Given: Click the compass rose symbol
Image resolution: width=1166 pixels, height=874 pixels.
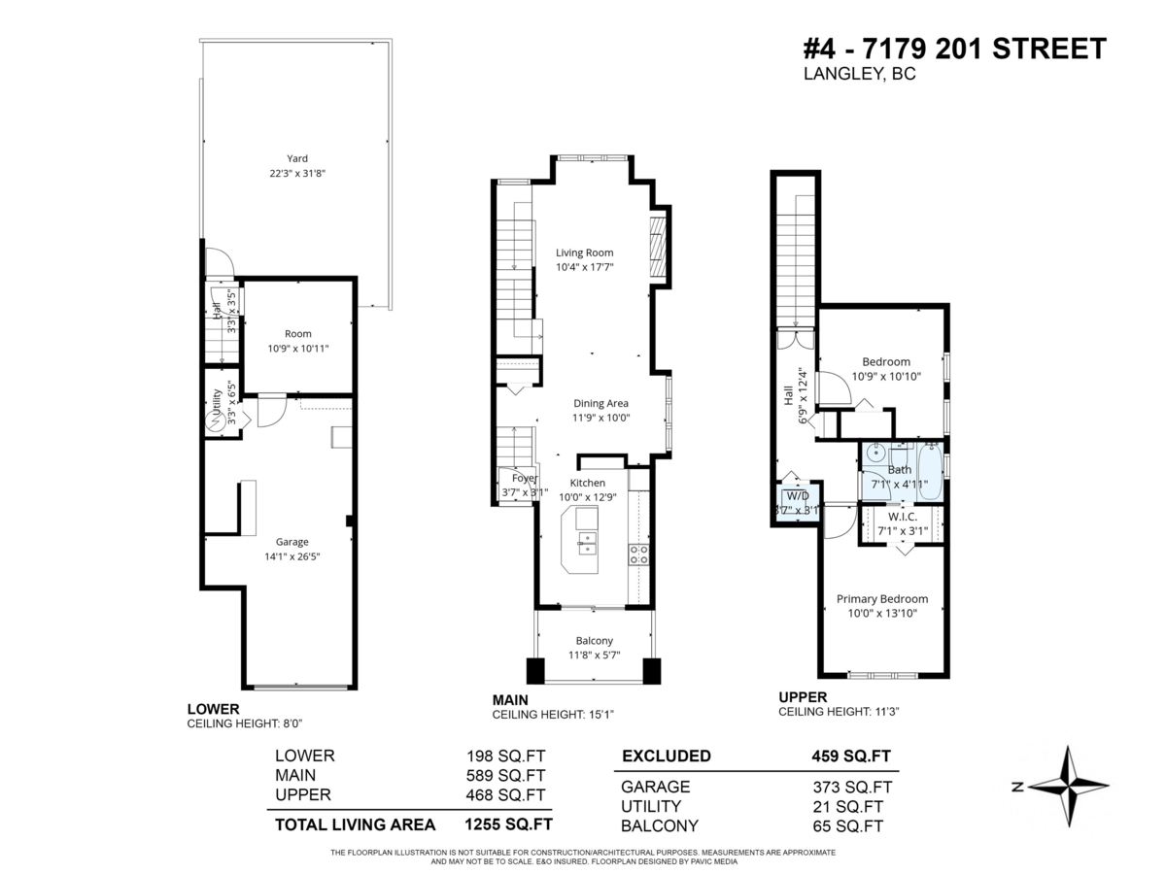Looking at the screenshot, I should coord(1067,786).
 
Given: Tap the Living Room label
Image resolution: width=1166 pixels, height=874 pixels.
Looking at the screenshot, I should coord(584,253).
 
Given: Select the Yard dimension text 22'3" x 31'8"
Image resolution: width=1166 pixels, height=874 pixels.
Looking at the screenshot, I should coord(296,174).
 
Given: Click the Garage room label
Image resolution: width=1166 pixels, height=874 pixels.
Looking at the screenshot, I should coord(291,543).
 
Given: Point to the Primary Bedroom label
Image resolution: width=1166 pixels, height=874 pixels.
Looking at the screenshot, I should coord(881,599).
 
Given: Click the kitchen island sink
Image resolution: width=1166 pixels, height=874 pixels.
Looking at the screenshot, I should coord(587,542).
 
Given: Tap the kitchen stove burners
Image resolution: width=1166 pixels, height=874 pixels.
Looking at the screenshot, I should coord(640,555).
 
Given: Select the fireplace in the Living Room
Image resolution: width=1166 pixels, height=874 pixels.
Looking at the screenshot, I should coord(658,249).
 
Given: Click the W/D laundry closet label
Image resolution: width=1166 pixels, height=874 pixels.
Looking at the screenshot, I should coord(797,496).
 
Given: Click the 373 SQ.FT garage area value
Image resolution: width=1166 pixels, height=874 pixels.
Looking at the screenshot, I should coord(847,788).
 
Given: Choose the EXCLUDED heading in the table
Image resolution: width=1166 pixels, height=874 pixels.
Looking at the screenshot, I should coord(666,756).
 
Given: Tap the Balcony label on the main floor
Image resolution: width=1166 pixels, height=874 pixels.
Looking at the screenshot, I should coord(594,641).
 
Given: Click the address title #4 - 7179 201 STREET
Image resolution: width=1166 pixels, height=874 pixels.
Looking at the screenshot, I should coord(954,49).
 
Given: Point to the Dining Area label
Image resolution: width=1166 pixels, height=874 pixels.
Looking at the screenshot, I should coord(600,404).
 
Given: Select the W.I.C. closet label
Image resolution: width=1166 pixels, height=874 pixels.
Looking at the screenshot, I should coord(903,518).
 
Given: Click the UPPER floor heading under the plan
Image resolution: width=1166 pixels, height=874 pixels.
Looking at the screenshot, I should coord(803,697).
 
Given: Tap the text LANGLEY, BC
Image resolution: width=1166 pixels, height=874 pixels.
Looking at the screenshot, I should coord(859,75).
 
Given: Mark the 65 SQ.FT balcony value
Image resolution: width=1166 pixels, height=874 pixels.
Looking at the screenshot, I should coord(847,826).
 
